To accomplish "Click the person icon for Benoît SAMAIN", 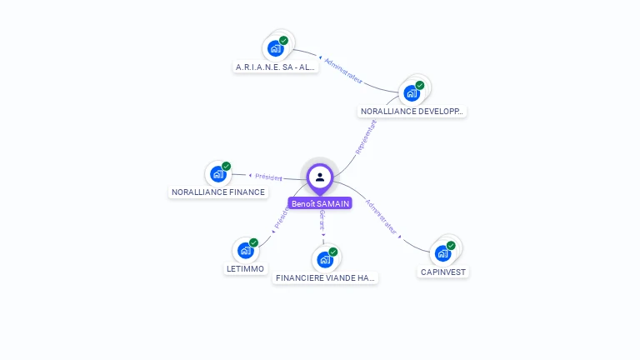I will click(320, 177).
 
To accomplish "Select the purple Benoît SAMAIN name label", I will click(320, 203).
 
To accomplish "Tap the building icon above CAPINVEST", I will click(442, 252).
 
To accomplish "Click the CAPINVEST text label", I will click(443, 272).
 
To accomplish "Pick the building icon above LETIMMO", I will click(245, 250).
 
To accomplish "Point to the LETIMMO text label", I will click(245, 269).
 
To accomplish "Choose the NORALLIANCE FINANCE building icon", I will click(218, 173).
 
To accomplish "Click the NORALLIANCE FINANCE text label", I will click(218, 192).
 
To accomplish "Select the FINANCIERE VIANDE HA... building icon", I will click(325, 259).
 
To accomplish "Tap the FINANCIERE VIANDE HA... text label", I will click(326, 277).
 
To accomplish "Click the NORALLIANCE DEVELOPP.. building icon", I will click(412, 92).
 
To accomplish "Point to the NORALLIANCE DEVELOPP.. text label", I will click(412, 111).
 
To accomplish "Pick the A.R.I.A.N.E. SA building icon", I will click(275, 48).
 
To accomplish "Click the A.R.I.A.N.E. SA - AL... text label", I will click(276, 67).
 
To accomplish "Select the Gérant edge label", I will click(322, 221).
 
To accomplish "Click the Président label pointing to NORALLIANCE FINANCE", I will click(268, 177).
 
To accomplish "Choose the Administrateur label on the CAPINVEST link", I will click(382, 216).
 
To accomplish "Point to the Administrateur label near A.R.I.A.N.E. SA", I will click(343, 70).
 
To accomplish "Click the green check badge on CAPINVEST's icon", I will click(451, 245).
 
